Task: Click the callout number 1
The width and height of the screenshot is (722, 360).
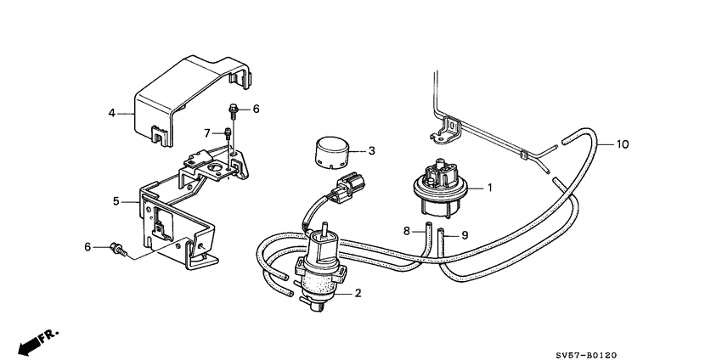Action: click(489, 187)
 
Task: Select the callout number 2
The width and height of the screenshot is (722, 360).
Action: click(358, 294)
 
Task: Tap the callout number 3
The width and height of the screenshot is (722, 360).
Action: click(371, 151)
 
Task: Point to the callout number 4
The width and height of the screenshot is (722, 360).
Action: click(111, 112)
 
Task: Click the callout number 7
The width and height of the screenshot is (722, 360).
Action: click(206, 132)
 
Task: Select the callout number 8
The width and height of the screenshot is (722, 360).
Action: click(407, 230)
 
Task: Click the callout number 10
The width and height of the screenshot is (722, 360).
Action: click(622, 144)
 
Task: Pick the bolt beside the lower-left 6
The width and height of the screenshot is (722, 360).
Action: click(119, 249)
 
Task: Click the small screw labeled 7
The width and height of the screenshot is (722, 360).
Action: click(227, 133)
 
